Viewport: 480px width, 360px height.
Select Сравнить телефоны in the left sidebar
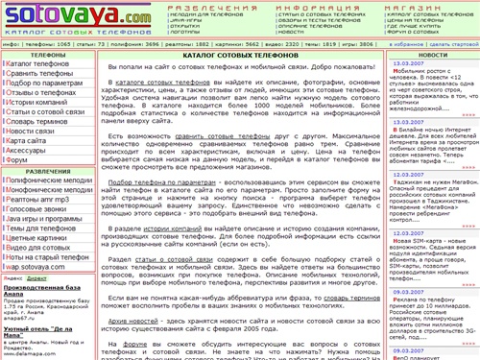coord(44,73)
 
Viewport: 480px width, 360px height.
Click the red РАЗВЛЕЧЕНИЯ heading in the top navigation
coord(180,7)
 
